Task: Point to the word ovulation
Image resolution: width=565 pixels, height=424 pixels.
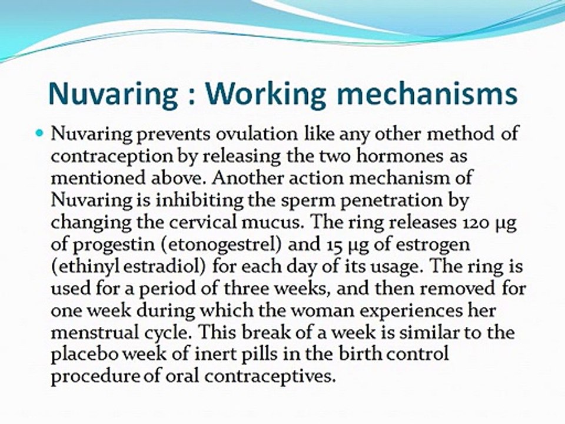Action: click(257, 134)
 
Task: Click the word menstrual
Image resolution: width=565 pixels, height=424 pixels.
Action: click(95, 333)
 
